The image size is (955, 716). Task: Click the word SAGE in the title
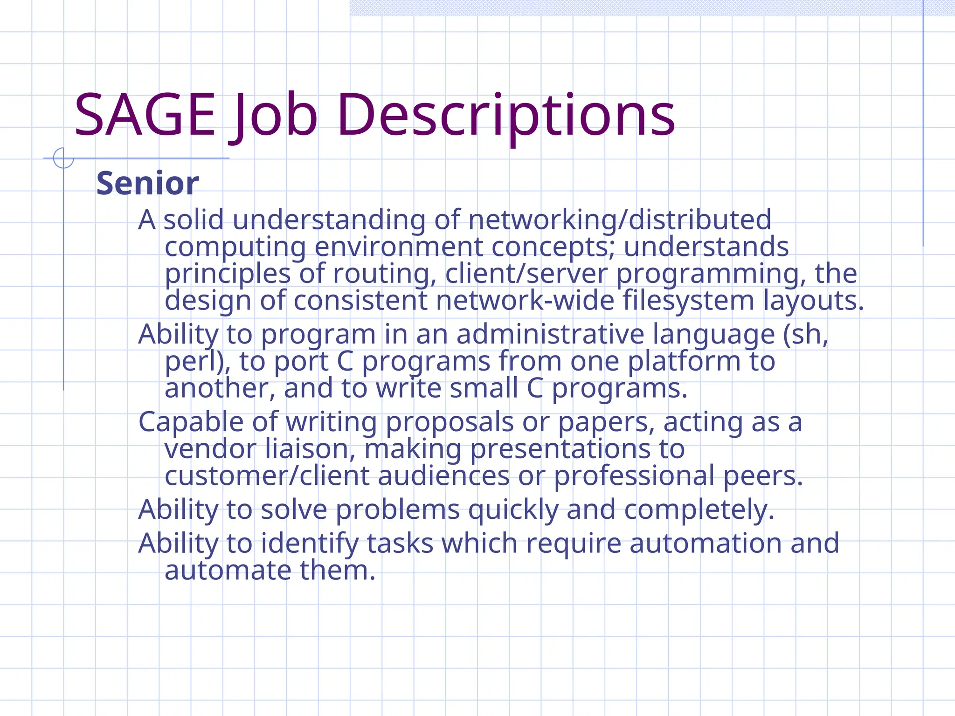145,115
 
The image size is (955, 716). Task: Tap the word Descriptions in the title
505,115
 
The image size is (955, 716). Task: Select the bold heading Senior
147,183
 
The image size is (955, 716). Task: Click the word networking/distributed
620,220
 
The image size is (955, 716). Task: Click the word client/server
526,274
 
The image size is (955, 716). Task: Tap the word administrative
550,334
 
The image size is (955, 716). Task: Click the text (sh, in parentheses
805,334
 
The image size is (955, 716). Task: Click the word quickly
513,509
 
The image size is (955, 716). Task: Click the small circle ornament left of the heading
63,158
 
